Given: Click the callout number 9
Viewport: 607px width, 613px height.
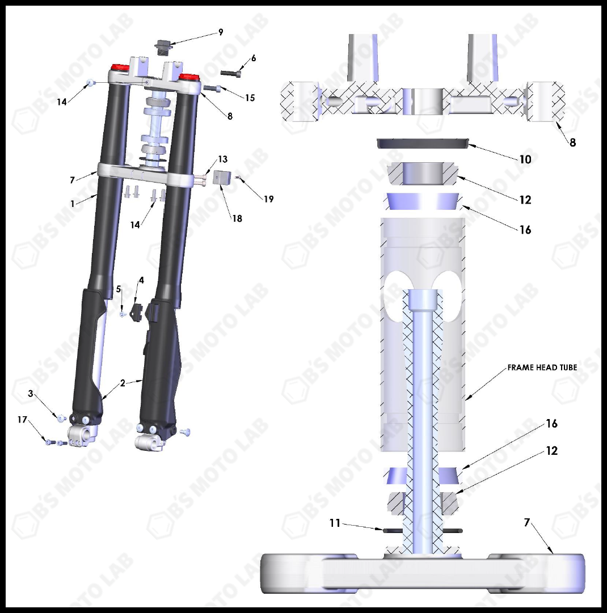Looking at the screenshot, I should (221, 32).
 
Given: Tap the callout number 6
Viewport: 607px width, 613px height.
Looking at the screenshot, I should (253, 58).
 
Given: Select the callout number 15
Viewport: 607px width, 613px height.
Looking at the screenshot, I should (250, 98).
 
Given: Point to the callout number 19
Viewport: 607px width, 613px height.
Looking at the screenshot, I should (268, 199).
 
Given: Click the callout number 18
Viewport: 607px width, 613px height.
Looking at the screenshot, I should (237, 218).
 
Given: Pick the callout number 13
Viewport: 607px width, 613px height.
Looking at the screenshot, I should (222, 159).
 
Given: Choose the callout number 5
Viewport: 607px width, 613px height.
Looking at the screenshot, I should (119, 289).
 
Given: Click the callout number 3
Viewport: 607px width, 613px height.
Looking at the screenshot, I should (32, 394).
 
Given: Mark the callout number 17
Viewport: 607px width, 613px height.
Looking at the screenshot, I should (22, 420).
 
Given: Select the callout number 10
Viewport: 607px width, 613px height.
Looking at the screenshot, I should (525, 159).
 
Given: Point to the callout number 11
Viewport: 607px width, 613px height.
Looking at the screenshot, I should (335, 523).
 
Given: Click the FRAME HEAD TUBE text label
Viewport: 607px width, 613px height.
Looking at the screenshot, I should (542, 367).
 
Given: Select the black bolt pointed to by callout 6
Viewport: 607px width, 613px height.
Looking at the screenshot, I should (229, 73).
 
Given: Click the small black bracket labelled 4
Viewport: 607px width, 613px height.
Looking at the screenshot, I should (136, 311).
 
